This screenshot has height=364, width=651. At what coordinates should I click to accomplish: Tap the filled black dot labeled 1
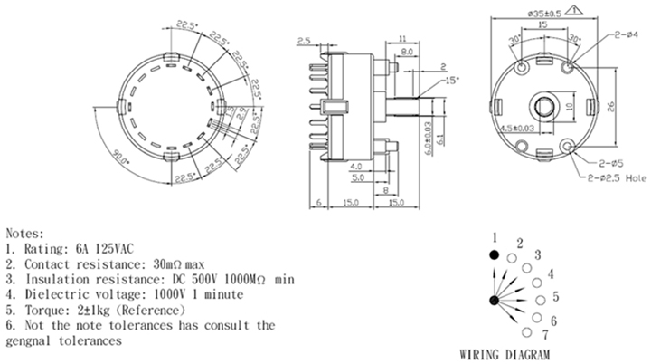(x=494, y=254)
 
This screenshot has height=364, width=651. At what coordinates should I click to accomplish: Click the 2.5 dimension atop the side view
(x=304, y=41)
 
